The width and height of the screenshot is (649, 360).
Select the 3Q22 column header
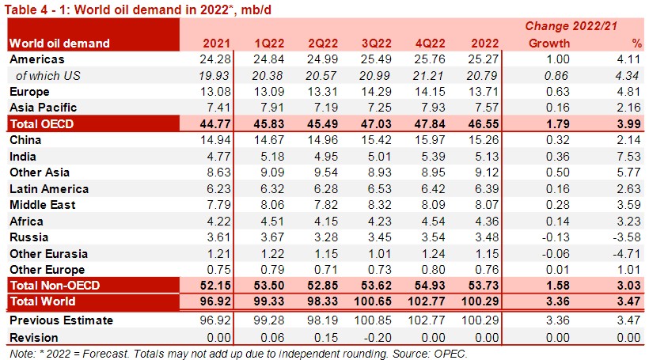(376, 43)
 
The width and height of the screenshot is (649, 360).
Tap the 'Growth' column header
(548, 43)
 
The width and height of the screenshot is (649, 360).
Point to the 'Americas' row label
(36, 59)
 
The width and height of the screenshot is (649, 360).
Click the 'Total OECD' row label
(41, 123)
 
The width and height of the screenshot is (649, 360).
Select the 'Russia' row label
(28, 237)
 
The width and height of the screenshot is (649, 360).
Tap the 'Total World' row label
(43, 301)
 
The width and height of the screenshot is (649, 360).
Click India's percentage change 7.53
(630, 156)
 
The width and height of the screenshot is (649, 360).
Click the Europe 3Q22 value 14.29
(376, 91)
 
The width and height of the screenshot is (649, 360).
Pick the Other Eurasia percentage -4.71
(628, 254)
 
